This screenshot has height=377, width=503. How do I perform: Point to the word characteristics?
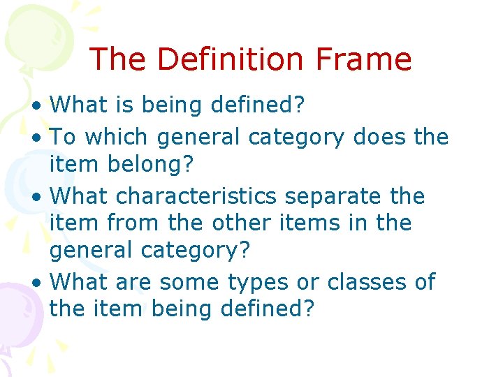(196, 196)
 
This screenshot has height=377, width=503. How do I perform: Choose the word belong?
(140, 165)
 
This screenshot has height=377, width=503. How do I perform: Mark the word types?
(258, 283)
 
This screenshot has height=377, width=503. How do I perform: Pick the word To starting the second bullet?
(63, 136)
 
